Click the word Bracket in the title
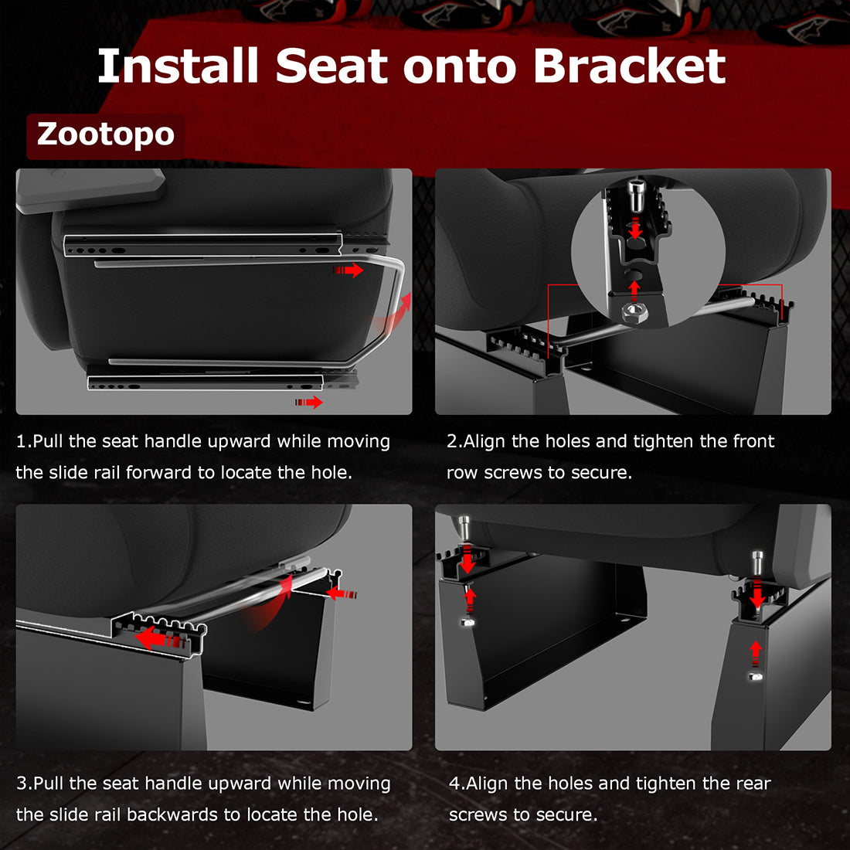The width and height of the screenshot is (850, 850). (x=629, y=66)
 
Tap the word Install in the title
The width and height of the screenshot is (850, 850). (x=178, y=66)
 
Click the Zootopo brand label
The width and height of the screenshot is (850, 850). (x=106, y=134)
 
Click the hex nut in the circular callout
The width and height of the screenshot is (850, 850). (x=634, y=312)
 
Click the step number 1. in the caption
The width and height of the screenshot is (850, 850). (x=23, y=441)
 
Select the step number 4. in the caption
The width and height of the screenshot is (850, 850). (x=457, y=784)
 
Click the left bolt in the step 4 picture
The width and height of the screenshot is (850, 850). (x=464, y=529)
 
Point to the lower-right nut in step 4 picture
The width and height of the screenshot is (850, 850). (x=756, y=676)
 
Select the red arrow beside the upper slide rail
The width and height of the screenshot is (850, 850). (x=349, y=270)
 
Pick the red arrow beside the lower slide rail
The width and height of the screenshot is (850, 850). (x=309, y=402)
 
